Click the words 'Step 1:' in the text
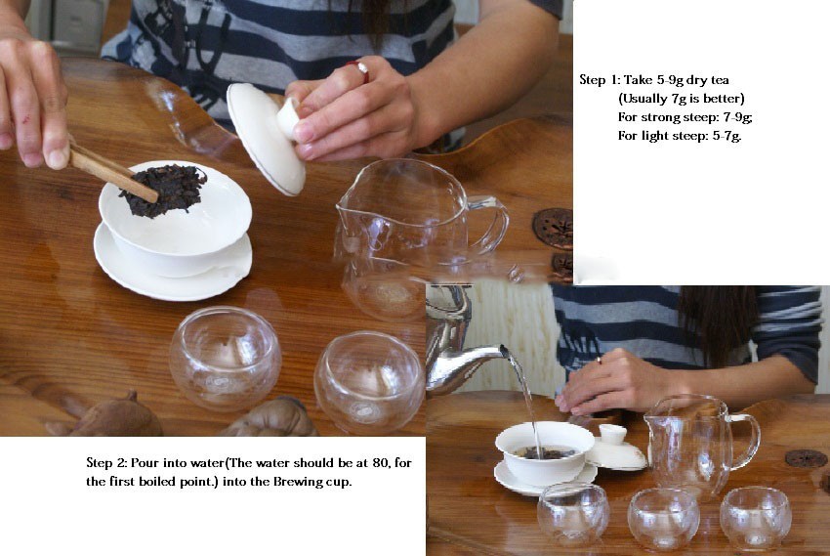coord(600,80)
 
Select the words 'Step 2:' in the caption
coord(106,463)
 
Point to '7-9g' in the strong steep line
coord(737,117)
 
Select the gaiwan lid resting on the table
coord(616,450)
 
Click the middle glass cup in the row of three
coord(663,519)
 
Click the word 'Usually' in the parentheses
coord(642,99)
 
